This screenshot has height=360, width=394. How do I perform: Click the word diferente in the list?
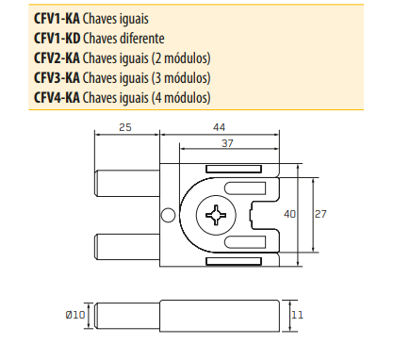(141, 39)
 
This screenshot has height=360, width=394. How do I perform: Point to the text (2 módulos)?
(181, 58)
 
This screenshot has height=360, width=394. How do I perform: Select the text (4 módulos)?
(181, 98)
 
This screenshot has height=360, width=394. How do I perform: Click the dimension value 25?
(124, 126)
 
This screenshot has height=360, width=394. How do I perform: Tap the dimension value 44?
(218, 126)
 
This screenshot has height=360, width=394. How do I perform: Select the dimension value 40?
(290, 215)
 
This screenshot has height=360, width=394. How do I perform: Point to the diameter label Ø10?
(76, 315)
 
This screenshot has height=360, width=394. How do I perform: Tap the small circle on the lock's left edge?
(169, 216)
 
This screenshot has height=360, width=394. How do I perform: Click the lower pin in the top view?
(129, 244)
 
